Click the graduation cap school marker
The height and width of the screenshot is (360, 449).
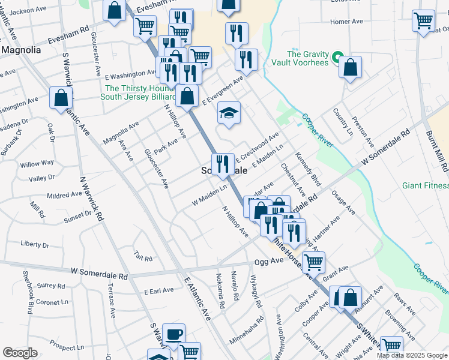229,113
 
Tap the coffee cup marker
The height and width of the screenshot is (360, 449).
174,334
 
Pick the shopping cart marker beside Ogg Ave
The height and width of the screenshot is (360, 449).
313,262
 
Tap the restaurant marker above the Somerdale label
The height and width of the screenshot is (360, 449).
223,163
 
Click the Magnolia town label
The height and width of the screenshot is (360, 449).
21,50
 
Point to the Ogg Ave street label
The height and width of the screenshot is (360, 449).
268,262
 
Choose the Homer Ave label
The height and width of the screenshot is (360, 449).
347,22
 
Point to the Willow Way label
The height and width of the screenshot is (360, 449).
37,164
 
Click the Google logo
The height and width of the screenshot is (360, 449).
20,353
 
